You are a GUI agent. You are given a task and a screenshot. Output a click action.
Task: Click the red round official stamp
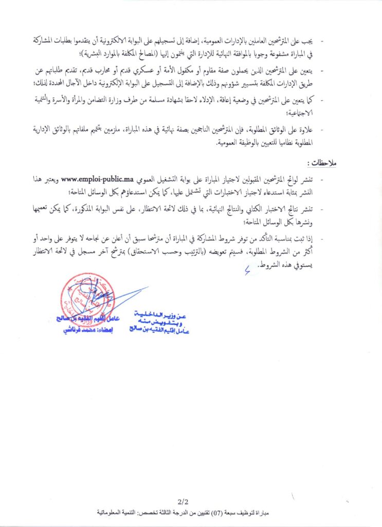point(84,298)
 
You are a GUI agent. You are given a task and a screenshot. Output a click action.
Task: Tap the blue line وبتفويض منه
point(162,322)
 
